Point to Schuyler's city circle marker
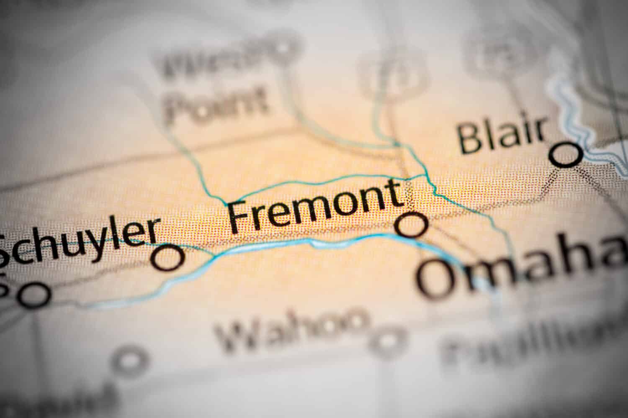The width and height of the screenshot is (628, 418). (x=168, y=257)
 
